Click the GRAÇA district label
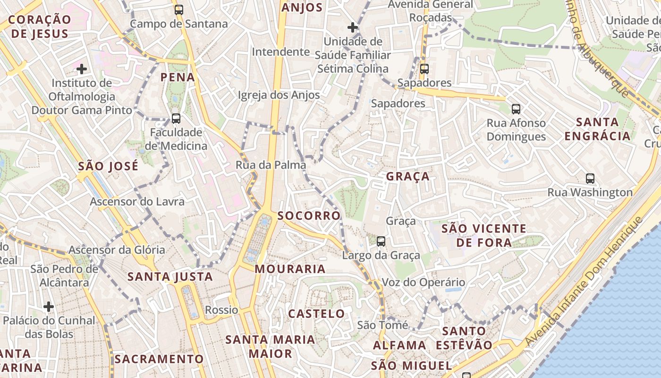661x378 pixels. (408, 177)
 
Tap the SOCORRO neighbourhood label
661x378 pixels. (309, 216)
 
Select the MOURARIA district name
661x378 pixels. (290, 269)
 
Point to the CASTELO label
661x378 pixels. (316, 314)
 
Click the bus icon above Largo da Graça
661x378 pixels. (381, 241)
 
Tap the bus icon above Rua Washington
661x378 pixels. (590, 178)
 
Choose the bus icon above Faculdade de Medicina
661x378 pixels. (176, 118)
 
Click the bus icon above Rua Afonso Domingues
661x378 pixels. (516, 109)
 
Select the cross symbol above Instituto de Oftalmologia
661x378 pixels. (82, 69)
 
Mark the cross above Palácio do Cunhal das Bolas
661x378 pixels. (49, 307)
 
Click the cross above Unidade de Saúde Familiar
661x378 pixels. (352, 27)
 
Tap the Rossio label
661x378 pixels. (221, 310)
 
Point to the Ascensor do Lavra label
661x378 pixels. (137, 202)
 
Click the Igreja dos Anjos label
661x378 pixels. (279, 95)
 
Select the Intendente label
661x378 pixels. (280, 52)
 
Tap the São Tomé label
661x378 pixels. (382, 325)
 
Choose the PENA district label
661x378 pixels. (178, 77)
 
